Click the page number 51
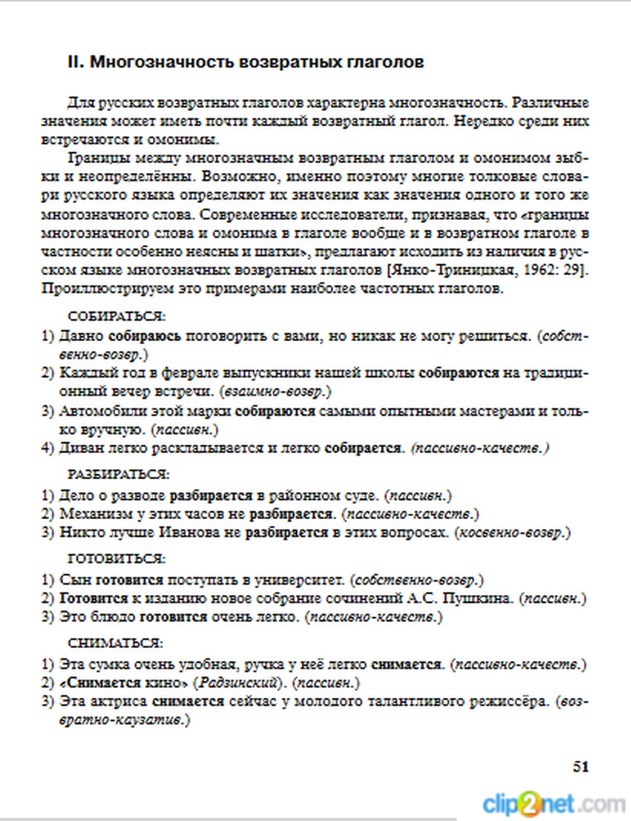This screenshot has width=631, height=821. tap(581, 767)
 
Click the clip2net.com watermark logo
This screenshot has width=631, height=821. tap(553, 805)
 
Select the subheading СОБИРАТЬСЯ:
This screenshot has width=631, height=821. tap(116, 316)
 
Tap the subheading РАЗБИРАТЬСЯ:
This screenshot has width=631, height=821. tap(119, 474)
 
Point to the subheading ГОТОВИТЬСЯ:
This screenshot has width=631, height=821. tap(116, 559)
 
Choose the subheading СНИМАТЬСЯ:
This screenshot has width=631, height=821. tap(115, 644)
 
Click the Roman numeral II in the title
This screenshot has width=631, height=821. tap(74, 62)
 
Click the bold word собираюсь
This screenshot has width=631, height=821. tap(144, 336)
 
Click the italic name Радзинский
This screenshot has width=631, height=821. tap(238, 683)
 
